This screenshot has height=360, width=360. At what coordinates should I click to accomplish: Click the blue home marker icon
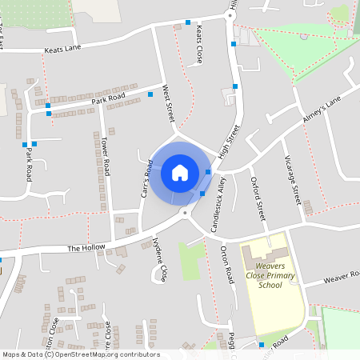click(179, 172)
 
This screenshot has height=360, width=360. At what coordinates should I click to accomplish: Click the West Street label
click(168, 103)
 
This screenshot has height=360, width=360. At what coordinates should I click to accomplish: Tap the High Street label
click(229, 143)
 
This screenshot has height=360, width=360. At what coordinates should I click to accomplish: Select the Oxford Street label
click(258, 200)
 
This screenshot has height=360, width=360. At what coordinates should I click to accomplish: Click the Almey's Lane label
click(321, 109)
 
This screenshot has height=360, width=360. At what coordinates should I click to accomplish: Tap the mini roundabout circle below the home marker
click(185, 213)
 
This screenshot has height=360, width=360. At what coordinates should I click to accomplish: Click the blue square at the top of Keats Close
click(188, 22)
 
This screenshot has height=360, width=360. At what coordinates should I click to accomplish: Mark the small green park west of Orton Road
click(190, 262)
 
